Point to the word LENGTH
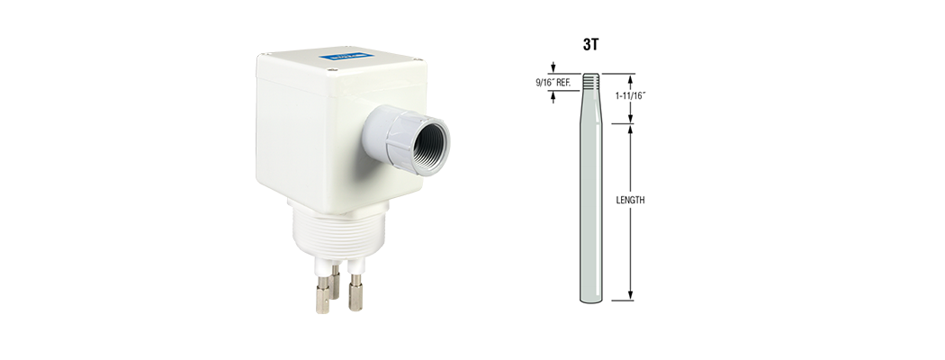click(x=630, y=201)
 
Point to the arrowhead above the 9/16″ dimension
click(x=553, y=68)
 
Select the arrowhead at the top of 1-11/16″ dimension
click(x=630, y=78)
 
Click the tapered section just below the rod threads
click(x=590, y=103)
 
